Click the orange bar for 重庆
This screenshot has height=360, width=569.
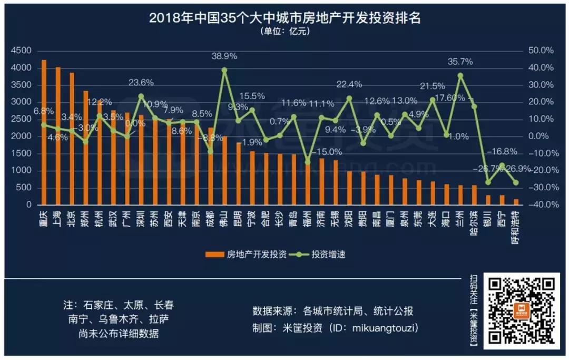click(44, 132)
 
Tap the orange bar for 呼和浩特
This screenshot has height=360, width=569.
click(516, 201)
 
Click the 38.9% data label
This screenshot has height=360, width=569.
click(224, 56)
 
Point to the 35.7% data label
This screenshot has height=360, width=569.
click(460, 62)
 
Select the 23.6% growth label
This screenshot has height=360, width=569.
click(141, 82)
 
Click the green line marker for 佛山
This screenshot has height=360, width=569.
click(224, 70)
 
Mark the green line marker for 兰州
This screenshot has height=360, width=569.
click(460, 75)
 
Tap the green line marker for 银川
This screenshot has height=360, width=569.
click(488, 182)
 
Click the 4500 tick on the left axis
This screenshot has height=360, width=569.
click(21, 51)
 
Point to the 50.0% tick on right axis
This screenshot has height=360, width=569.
click(541, 51)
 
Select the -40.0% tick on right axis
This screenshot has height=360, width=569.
click(539, 205)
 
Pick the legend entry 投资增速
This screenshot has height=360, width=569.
click(321, 254)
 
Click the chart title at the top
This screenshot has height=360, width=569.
click(284, 18)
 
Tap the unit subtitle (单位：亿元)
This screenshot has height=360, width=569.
click(284, 31)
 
